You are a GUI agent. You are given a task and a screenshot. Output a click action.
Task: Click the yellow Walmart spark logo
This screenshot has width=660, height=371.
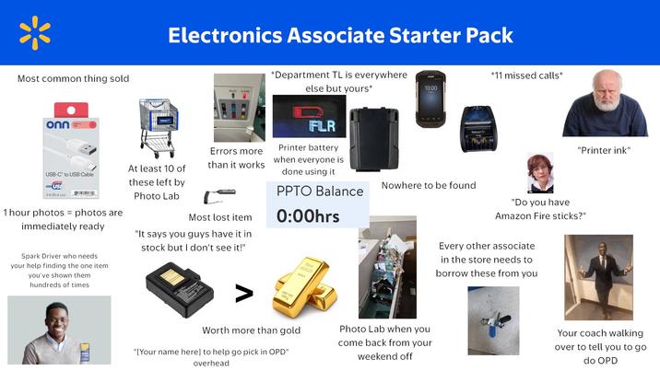click(34, 33)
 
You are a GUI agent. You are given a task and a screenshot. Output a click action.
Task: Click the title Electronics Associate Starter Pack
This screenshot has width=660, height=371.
click(340, 35)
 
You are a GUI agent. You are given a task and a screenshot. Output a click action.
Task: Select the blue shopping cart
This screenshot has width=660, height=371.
click(159, 127)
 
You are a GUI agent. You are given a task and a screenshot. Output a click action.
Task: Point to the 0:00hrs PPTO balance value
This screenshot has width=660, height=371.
click(309, 217)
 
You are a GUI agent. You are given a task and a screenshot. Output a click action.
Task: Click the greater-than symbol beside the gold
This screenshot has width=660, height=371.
click(243, 294)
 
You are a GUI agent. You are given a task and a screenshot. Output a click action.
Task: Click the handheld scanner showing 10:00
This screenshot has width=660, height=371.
click(430, 99)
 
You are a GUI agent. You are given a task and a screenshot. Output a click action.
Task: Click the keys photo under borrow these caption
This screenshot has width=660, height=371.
click(493, 319)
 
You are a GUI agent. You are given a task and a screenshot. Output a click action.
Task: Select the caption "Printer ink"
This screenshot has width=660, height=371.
click(604, 150)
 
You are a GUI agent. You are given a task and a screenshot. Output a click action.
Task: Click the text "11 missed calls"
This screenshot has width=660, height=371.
click(526, 75)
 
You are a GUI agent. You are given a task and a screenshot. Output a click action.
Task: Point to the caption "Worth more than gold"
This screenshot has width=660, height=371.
click(251, 330)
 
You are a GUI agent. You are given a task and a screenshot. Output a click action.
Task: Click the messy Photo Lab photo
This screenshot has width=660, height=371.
click(386, 266)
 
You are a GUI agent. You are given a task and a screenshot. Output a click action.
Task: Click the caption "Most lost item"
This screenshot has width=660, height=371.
click(219, 217)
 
